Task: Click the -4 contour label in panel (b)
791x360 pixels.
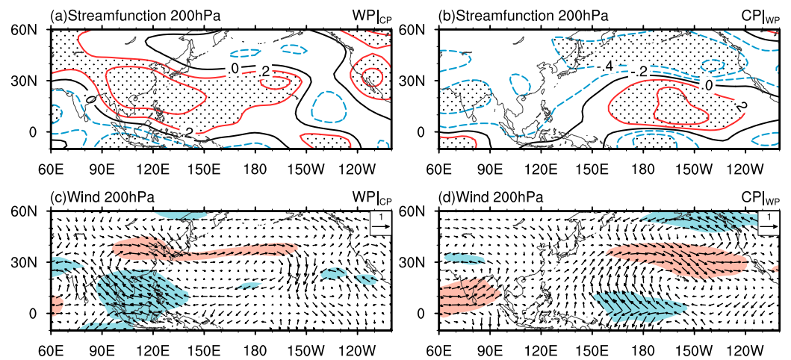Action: [609, 67]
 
